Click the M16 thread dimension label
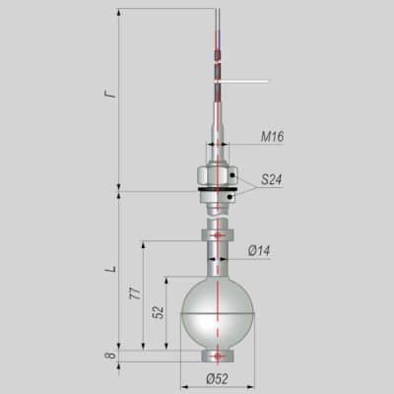click(x=272, y=136)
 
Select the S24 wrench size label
click(x=272, y=179)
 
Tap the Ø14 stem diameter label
click(x=259, y=251)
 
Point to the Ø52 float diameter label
click(x=217, y=379)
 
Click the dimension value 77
click(x=135, y=294)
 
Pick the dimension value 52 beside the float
click(x=159, y=312)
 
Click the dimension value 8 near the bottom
click(x=110, y=356)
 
